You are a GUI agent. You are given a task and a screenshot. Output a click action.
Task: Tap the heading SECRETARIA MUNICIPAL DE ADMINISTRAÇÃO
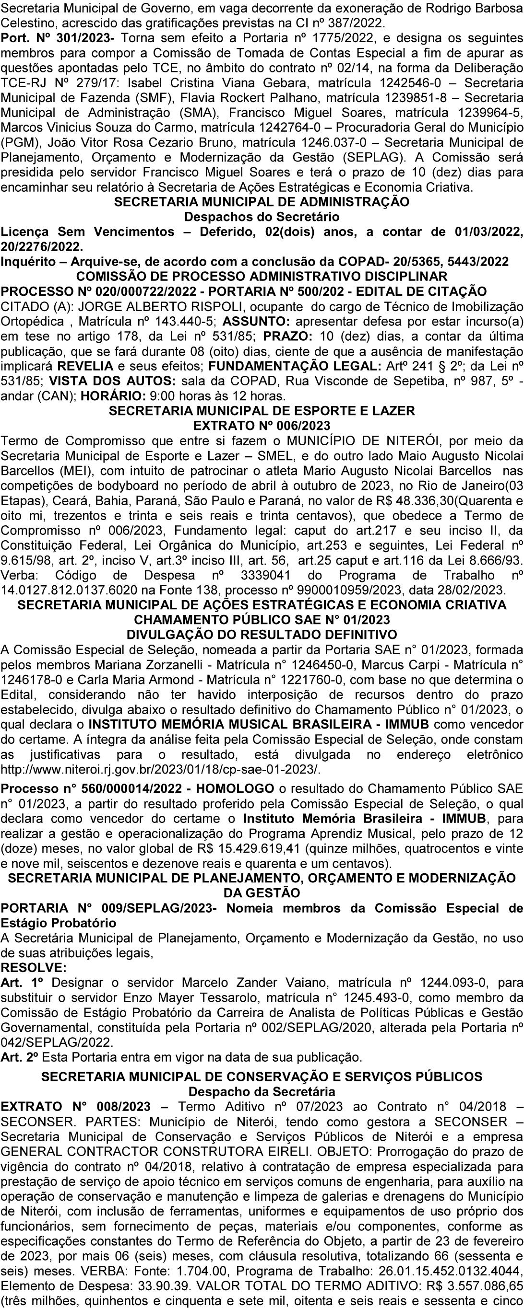click(x=262, y=202)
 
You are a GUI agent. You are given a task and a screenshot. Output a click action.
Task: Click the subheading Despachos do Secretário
click(x=262, y=217)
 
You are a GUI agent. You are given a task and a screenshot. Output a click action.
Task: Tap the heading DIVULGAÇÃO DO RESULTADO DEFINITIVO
click(x=262, y=635)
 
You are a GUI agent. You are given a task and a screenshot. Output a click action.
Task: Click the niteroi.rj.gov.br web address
click(x=161, y=769)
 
